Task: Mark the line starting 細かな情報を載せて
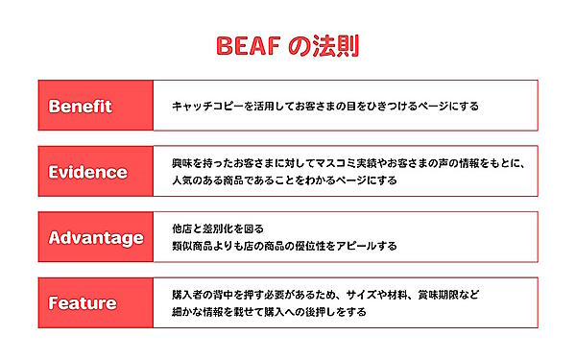tap(269, 312)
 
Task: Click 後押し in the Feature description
tap(317, 312)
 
